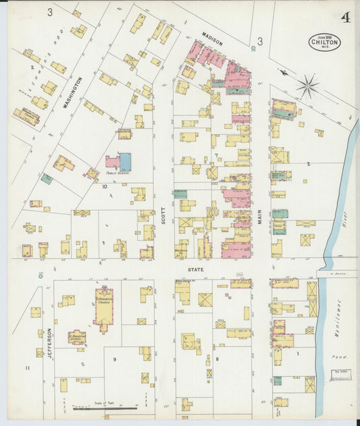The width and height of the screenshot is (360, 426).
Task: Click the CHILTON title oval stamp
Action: [x=325, y=42]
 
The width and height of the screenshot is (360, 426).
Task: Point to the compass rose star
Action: [x=307, y=86]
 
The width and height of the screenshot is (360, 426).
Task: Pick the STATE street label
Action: [x=197, y=269]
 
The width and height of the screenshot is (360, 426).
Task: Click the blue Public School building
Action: [x=125, y=161]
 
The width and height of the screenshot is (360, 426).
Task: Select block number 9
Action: [x=114, y=359]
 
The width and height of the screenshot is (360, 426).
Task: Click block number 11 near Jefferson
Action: [x=28, y=368]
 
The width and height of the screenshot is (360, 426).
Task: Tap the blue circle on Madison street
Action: [x=253, y=48]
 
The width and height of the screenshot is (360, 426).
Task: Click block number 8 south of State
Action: [x=217, y=359]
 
